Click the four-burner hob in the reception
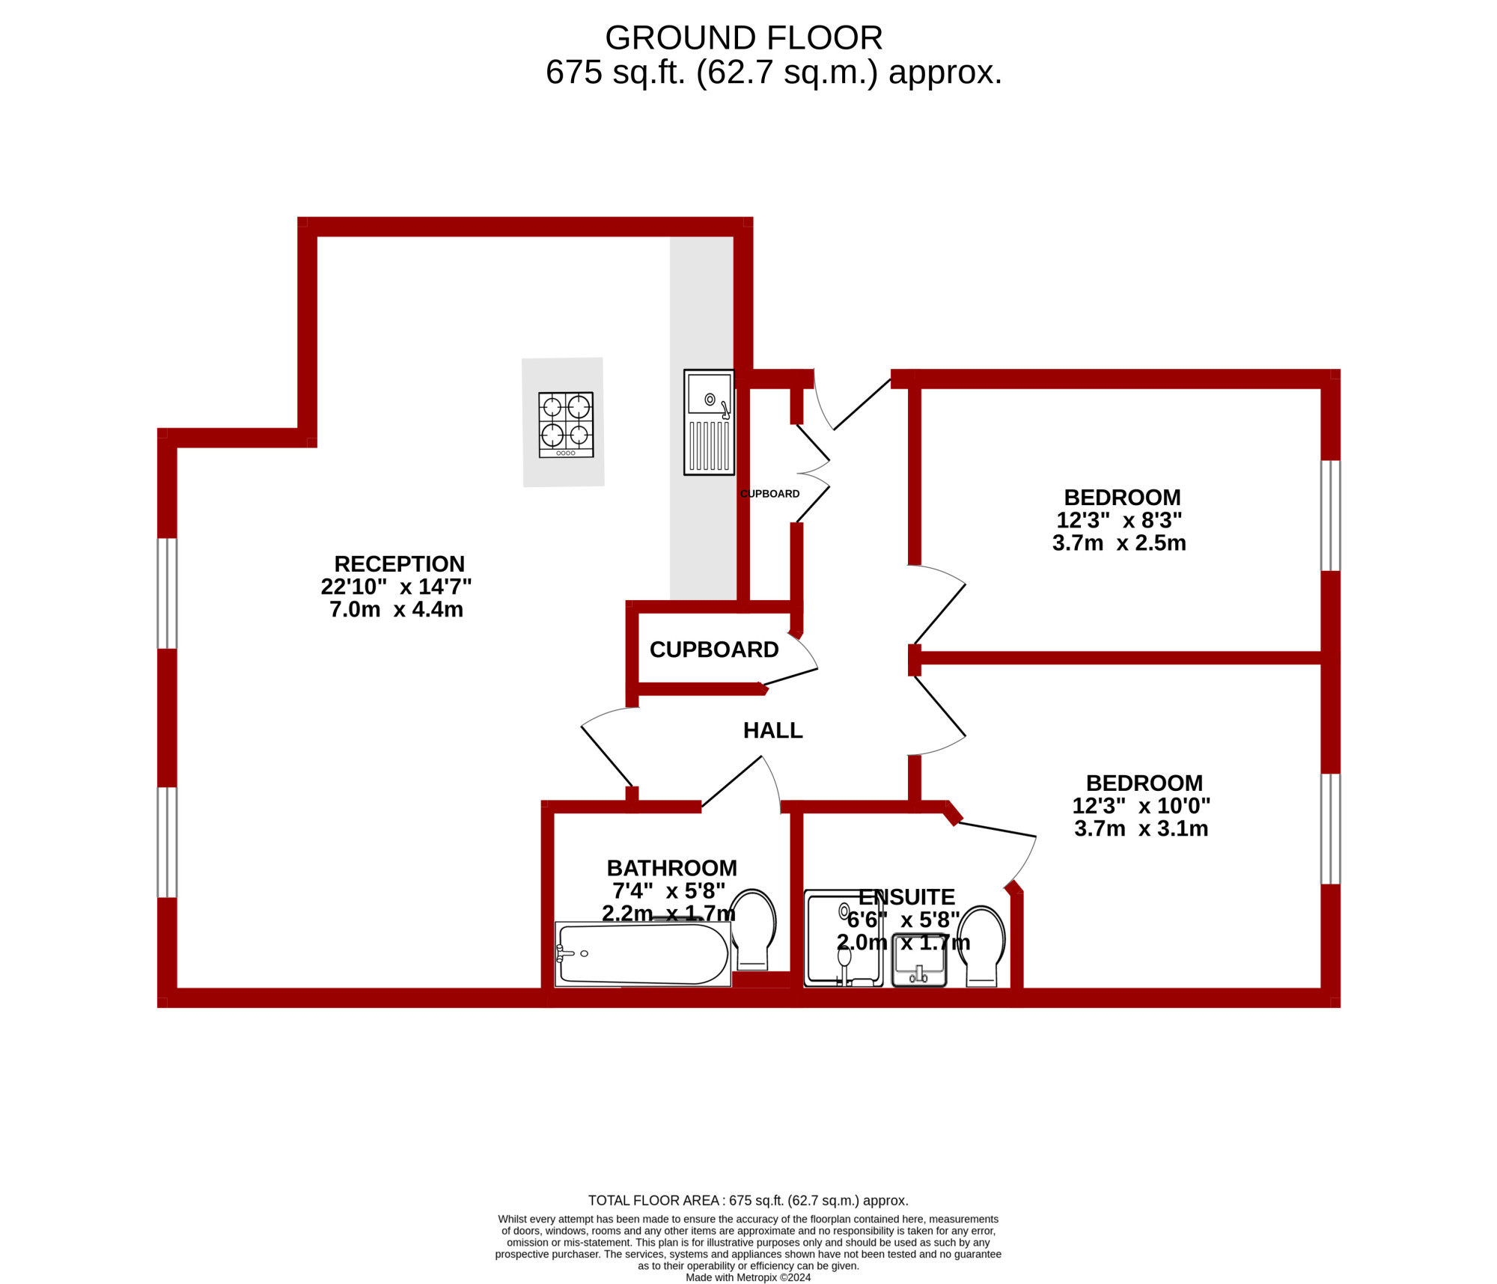566,424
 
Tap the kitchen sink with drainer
709,422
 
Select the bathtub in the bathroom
643,954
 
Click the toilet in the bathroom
752,929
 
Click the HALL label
772,730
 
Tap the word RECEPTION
399,563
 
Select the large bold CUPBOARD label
714,649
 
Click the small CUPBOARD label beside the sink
769,494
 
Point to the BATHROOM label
671,868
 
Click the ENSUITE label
906,896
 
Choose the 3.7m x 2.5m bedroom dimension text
1119,542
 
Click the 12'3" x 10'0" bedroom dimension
1141,806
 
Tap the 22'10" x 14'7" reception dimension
396,586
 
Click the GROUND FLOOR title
743,37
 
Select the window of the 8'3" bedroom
1330,516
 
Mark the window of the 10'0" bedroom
1330,829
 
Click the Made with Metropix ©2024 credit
748,1277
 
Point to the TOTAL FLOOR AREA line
748,1200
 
